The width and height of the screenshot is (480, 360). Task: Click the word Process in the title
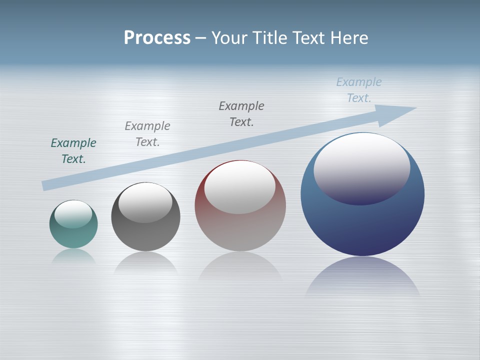(x=157, y=38)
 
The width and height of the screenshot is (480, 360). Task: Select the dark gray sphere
(x=145, y=235)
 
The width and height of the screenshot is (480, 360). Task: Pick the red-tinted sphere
(x=240, y=230)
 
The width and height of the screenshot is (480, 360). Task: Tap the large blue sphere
(x=362, y=225)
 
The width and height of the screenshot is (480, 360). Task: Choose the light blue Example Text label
(x=359, y=90)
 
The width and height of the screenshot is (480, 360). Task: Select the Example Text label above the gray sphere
(x=147, y=134)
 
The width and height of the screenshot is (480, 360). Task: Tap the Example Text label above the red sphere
(x=241, y=114)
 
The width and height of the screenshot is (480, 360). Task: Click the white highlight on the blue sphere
(x=361, y=165)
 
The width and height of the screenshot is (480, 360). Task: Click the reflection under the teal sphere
(x=73, y=255)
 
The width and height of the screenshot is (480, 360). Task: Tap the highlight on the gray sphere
(x=145, y=201)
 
